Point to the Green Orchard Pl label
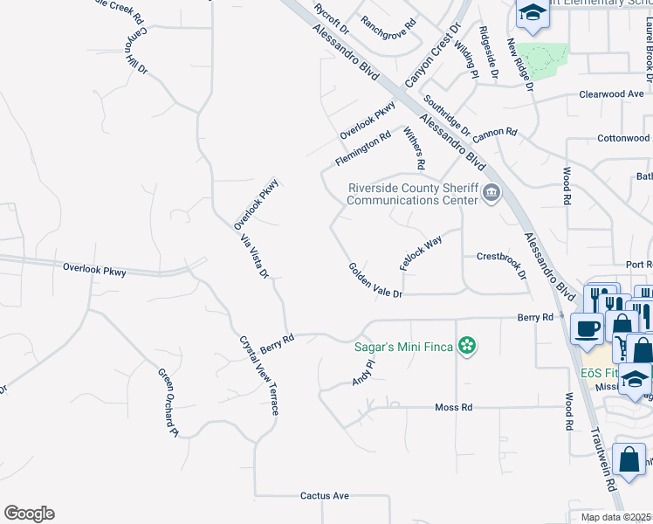168,403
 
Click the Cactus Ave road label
325,496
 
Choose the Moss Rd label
454,408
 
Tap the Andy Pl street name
363,373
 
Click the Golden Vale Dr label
375,281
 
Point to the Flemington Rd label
362,150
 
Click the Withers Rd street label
414,148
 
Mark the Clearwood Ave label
611,94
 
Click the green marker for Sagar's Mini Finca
468,347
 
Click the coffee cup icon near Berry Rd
585,328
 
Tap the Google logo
29,514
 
